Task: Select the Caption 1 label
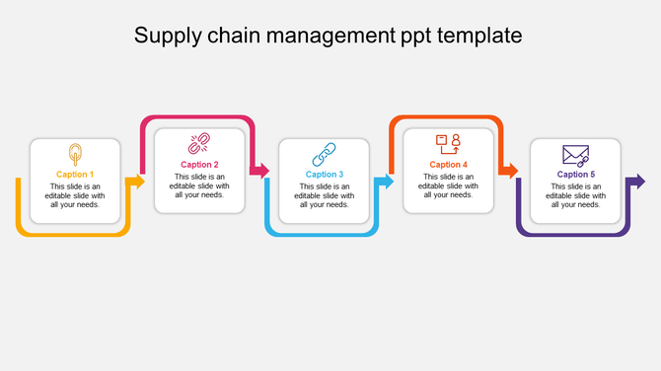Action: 75,175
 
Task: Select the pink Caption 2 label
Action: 200,165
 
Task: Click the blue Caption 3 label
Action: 325,175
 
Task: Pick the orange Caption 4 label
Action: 449,165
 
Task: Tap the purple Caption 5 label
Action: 575,175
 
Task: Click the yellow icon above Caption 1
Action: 75,154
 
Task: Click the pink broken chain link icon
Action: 200,144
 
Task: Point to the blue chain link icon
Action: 325,154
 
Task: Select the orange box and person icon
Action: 449,144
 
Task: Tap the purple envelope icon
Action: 575,155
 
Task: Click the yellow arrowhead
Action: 139,182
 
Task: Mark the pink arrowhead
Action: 262,171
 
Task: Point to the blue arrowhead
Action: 388,182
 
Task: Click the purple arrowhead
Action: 638,182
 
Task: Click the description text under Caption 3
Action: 325,195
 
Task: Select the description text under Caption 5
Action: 575,195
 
